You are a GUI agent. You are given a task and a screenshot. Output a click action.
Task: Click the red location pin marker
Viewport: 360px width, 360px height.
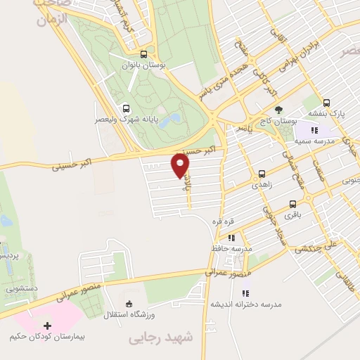[x=181, y=165]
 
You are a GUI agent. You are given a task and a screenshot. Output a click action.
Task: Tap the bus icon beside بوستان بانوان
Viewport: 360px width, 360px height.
[x=143, y=54]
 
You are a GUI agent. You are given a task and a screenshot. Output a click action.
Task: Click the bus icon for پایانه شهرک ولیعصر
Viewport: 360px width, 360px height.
[x=127, y=108]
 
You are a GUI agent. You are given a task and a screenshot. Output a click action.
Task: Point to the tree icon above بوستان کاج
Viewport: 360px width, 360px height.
[x=279, y=110]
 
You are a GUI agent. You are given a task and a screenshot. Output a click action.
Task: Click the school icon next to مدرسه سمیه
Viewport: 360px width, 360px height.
[x=316, y=129]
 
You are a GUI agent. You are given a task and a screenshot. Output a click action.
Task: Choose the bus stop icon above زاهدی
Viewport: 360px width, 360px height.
[x=262, y=173]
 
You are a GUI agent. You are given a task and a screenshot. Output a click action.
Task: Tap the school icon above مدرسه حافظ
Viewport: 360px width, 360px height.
[x=231, y=238]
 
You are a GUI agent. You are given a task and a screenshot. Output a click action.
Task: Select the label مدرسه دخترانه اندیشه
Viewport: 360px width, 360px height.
[x=246, y=304]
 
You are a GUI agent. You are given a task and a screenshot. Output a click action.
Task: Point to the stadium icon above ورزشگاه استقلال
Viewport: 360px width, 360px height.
[x=128, y=303]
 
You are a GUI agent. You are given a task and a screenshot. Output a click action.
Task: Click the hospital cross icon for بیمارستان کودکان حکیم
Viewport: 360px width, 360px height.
[x=48, y=326]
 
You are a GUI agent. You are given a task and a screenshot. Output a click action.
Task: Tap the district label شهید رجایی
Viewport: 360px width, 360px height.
[x=161, y=339]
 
